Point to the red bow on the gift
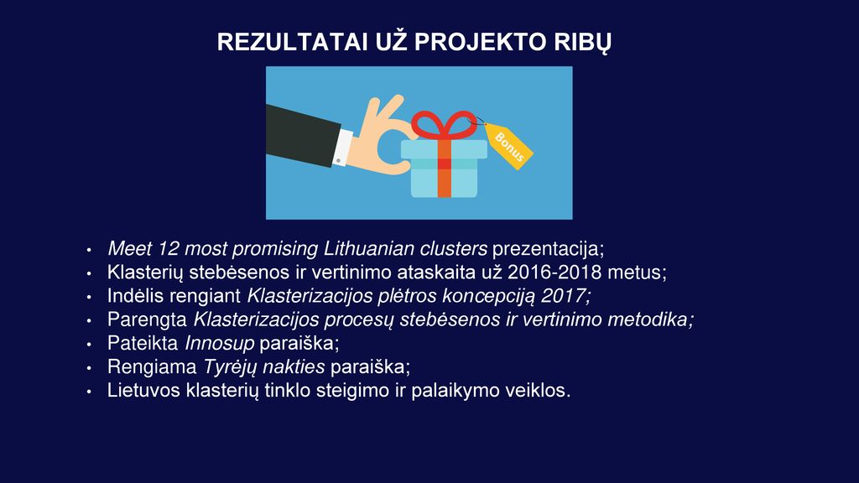444,126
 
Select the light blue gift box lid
444,149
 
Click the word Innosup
219,343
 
